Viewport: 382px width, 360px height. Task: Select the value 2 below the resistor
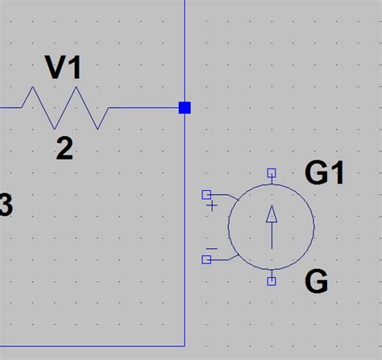coord(64,148)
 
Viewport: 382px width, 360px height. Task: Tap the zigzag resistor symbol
coord(64,108)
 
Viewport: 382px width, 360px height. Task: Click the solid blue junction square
coord(185,107)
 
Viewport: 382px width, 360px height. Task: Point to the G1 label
coord(325,173)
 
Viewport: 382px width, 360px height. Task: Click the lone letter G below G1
coord(316,282)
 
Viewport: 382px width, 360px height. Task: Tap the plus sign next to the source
coord(213,205)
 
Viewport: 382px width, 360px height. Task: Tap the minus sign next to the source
coord(212,247)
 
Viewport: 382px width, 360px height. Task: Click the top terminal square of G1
coord(272,172)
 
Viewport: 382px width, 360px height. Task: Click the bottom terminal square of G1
coord(272,280)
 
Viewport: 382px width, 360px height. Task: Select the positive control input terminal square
coord(206,194)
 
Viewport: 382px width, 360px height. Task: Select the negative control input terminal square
coord(206,259)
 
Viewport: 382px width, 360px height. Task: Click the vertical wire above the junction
coord(185,48)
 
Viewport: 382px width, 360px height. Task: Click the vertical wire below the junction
coord(185,226)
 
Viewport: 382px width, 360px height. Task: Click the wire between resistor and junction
coord(145,107)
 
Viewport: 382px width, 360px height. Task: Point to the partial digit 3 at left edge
coord(5,207)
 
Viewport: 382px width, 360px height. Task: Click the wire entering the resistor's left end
coord(10,107)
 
